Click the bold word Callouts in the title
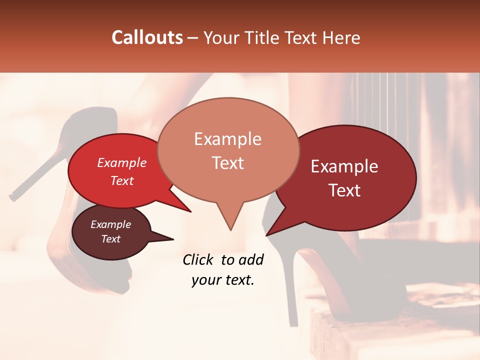[x=147, y=37]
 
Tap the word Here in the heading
[x=340, y=37]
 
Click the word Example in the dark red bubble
[x=344, y=166]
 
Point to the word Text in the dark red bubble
[x=345, y=190]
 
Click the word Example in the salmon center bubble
[x=227, y=139]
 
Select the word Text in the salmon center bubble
[x=228, y=163]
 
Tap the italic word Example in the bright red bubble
[x=121, y=162]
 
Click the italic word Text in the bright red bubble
[x=122, y=180]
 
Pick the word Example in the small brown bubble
[x=110, y=224]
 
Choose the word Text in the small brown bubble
[x=111, y=239]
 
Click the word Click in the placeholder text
[x=199, y=259]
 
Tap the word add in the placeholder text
[x=250, y=259]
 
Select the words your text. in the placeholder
[x=222, y=280]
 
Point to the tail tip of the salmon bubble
[x=230, y=230]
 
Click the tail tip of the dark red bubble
[x=266, y=235]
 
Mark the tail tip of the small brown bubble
[x=173, y=239]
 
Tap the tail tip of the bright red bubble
[x=190, y=211]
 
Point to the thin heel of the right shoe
[x=289, y=285]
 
